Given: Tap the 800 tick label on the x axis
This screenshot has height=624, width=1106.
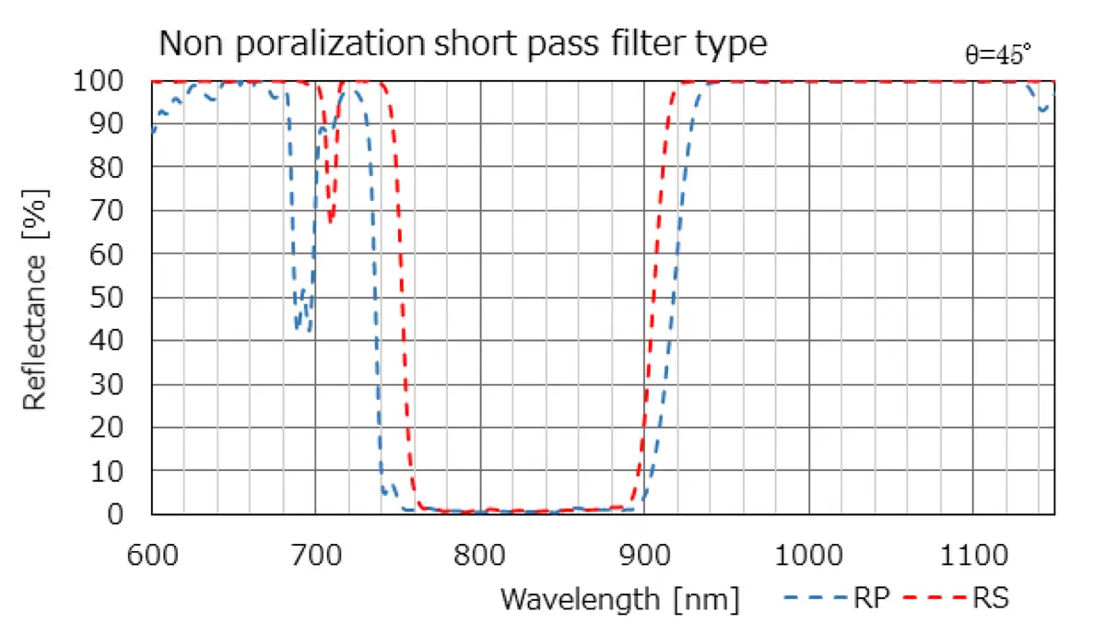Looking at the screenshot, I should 480,557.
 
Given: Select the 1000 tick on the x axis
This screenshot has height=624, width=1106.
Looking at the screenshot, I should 809,557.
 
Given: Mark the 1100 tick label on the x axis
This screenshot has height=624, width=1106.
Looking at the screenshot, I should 973,557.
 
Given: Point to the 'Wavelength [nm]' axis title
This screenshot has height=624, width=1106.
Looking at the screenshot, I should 619,599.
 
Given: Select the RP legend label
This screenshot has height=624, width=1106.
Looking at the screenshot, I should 871,599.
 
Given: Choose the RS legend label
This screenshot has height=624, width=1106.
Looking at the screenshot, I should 990,599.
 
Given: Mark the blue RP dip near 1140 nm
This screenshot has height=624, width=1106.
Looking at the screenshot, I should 1042,110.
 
